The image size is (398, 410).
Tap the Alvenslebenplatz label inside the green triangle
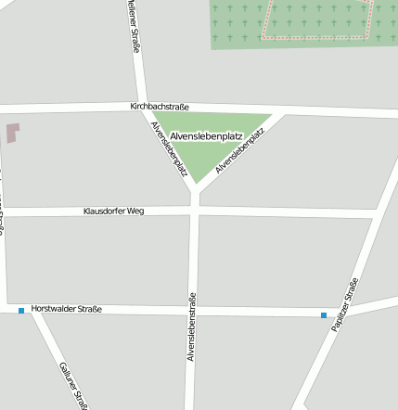[206, 136]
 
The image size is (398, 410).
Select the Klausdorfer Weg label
[113, 211]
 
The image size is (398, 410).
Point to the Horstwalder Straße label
[66, 309]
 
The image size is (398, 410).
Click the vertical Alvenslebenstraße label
[191, 326]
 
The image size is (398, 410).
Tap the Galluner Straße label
[73, 385]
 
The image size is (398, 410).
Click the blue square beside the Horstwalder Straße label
[21, 311]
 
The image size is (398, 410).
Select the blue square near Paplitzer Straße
[324, 315]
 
